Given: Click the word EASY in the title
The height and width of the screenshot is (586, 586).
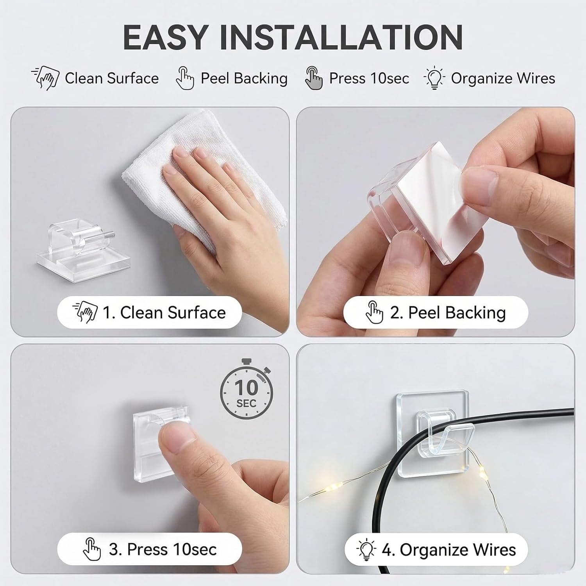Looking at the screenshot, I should click(164, 37).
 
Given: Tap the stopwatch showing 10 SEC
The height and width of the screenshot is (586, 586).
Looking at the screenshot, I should click(246, 391).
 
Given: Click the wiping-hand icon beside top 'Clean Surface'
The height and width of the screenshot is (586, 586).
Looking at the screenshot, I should click(46, 78).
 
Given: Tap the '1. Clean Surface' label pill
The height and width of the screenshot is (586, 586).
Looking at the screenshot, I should click(149, 313).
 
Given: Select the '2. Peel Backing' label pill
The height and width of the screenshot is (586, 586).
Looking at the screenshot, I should click(435, 313).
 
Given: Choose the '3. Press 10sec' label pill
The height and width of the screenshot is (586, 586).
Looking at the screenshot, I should click(149, 549).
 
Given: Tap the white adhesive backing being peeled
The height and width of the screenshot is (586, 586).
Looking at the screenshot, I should click(414, 195).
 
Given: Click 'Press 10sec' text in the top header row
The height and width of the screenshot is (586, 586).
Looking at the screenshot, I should click(369, 78).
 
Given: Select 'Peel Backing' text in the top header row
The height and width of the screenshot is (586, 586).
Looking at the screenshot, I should click(244, 78).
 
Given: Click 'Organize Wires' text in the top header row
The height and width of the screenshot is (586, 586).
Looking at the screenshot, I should click(503, 78).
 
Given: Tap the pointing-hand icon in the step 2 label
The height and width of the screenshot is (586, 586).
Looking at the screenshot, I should click(374, 313).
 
